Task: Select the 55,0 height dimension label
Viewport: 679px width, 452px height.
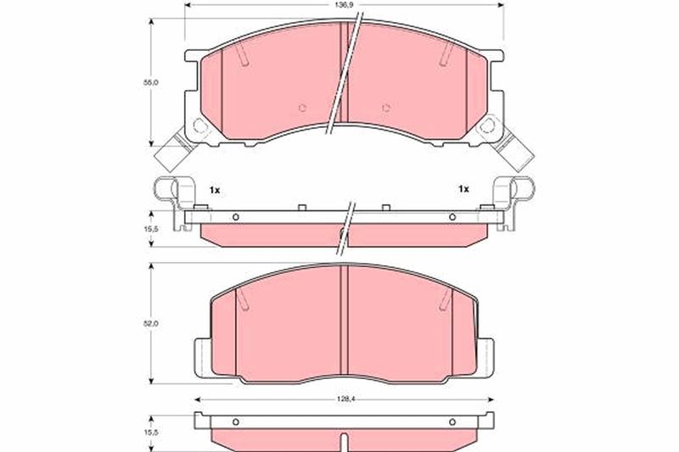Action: pos(151,81)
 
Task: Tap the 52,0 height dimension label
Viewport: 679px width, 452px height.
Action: pos(151,323)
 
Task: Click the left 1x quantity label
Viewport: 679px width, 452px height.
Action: pos(215,190)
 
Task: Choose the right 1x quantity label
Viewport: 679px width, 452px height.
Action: pos(463,189)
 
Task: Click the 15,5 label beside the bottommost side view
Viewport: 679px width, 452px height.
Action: pos(151,432)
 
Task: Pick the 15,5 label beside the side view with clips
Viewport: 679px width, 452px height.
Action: pos(151,228)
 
